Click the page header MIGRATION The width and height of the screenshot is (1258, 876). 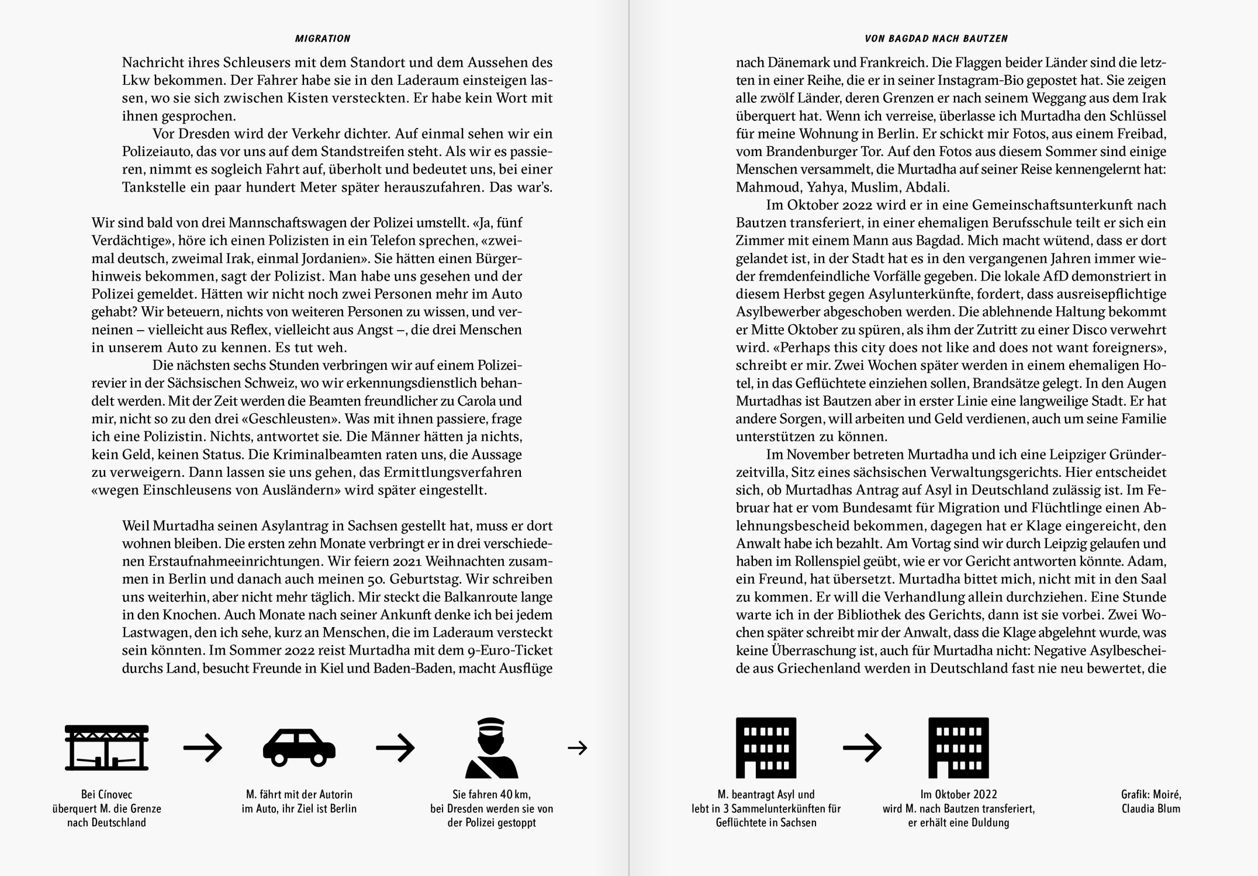click(x=323, y=39)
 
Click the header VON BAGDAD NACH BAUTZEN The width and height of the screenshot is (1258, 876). click(x=936, y=39)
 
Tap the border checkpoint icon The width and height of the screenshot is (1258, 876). click(x=106, y=747)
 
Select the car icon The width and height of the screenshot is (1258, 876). click(x=299, y=747)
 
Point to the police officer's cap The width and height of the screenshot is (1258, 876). click(x=491, y=725)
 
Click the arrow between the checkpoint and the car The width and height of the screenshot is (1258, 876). click(x=203, y=747)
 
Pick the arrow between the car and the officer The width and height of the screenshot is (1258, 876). click(x=395, y=747)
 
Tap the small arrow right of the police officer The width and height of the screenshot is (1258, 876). click(x=578, y=747)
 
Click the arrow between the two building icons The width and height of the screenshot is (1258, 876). click(x=862, y=747)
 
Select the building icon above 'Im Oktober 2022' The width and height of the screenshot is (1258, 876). click(x=959, y=747)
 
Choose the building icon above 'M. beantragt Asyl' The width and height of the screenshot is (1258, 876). click(x=766, y=747)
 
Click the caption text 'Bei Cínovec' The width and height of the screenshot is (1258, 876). click(x=106, y=795)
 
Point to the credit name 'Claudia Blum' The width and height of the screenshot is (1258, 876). click(x=1151, y=809)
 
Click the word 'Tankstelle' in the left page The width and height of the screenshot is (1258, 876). click(x=152, y=188)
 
